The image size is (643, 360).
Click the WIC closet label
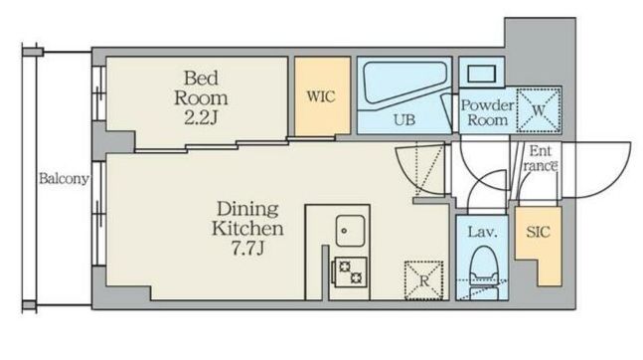tap(321, 96)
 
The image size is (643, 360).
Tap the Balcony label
tap(64, 179)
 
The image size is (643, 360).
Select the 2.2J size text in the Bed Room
tap(201, 118)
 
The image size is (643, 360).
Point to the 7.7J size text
tap(247, 248)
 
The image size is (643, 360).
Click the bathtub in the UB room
tap(403, 83)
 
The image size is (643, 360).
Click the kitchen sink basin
tap(350, 231)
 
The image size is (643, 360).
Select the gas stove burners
tap(350, 271)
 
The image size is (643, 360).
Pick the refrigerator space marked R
tap(424, 280)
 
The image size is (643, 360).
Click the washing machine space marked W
tap(539, 110)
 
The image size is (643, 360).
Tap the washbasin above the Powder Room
tap(481, 74)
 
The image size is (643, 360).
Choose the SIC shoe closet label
tap(538, 232)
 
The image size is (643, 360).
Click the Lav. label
tap(483, 233)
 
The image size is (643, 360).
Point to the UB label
tap(404, 120)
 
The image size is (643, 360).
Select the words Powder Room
tap(488, 112)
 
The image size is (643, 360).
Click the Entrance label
tap(540, 158)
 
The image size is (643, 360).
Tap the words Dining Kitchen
tap(247, 219)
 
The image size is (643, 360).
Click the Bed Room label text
tap(201, 88)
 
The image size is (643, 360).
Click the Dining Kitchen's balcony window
tap(98, 214)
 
